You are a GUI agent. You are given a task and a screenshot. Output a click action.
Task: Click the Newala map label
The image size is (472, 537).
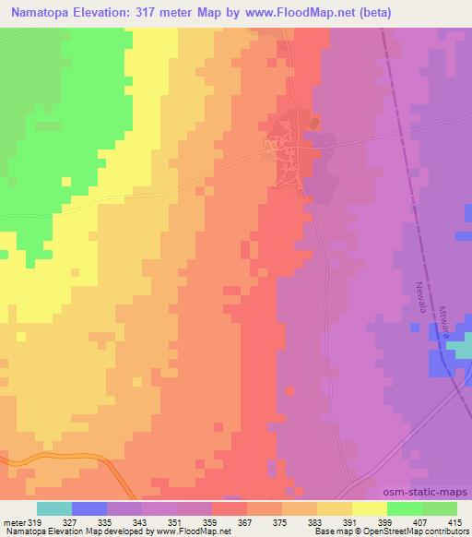[x=421, y=297]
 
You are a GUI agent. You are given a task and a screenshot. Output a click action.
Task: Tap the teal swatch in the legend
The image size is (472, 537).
[x=54, y=508]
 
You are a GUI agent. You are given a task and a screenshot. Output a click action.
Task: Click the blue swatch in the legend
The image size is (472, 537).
[x=89, y=508]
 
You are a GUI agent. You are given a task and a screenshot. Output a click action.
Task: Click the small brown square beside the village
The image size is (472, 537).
[x=315, y=123]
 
